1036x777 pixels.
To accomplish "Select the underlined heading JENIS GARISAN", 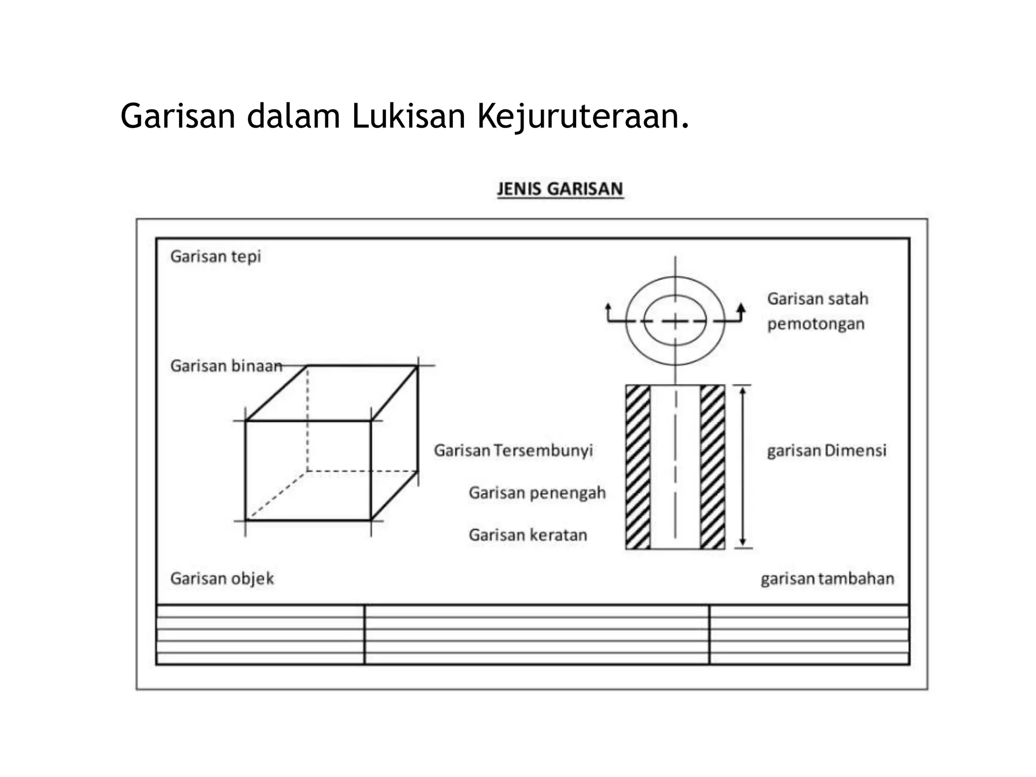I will point(559,189).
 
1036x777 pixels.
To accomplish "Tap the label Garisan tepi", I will point(215,256).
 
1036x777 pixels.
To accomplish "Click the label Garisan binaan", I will point(226,366).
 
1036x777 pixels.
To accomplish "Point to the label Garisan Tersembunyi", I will point(513,450).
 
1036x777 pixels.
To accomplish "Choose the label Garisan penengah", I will point(537,493).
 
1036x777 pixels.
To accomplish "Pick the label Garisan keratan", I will point(528,535).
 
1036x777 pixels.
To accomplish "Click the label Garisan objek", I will point(222,578).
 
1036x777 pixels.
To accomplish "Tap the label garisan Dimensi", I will point(827,450).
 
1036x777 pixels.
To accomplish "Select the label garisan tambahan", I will point(827,578).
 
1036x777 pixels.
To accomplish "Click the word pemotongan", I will point(815,324).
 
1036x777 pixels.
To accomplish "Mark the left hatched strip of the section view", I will point(638,467).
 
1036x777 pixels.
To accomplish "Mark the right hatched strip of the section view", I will point(712,467).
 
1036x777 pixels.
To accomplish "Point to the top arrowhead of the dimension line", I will point(743,391).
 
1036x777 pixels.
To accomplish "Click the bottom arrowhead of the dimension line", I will point(743,542).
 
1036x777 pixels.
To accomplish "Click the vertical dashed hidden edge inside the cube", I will point(307,420).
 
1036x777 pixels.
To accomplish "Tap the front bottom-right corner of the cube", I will point(371,520).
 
